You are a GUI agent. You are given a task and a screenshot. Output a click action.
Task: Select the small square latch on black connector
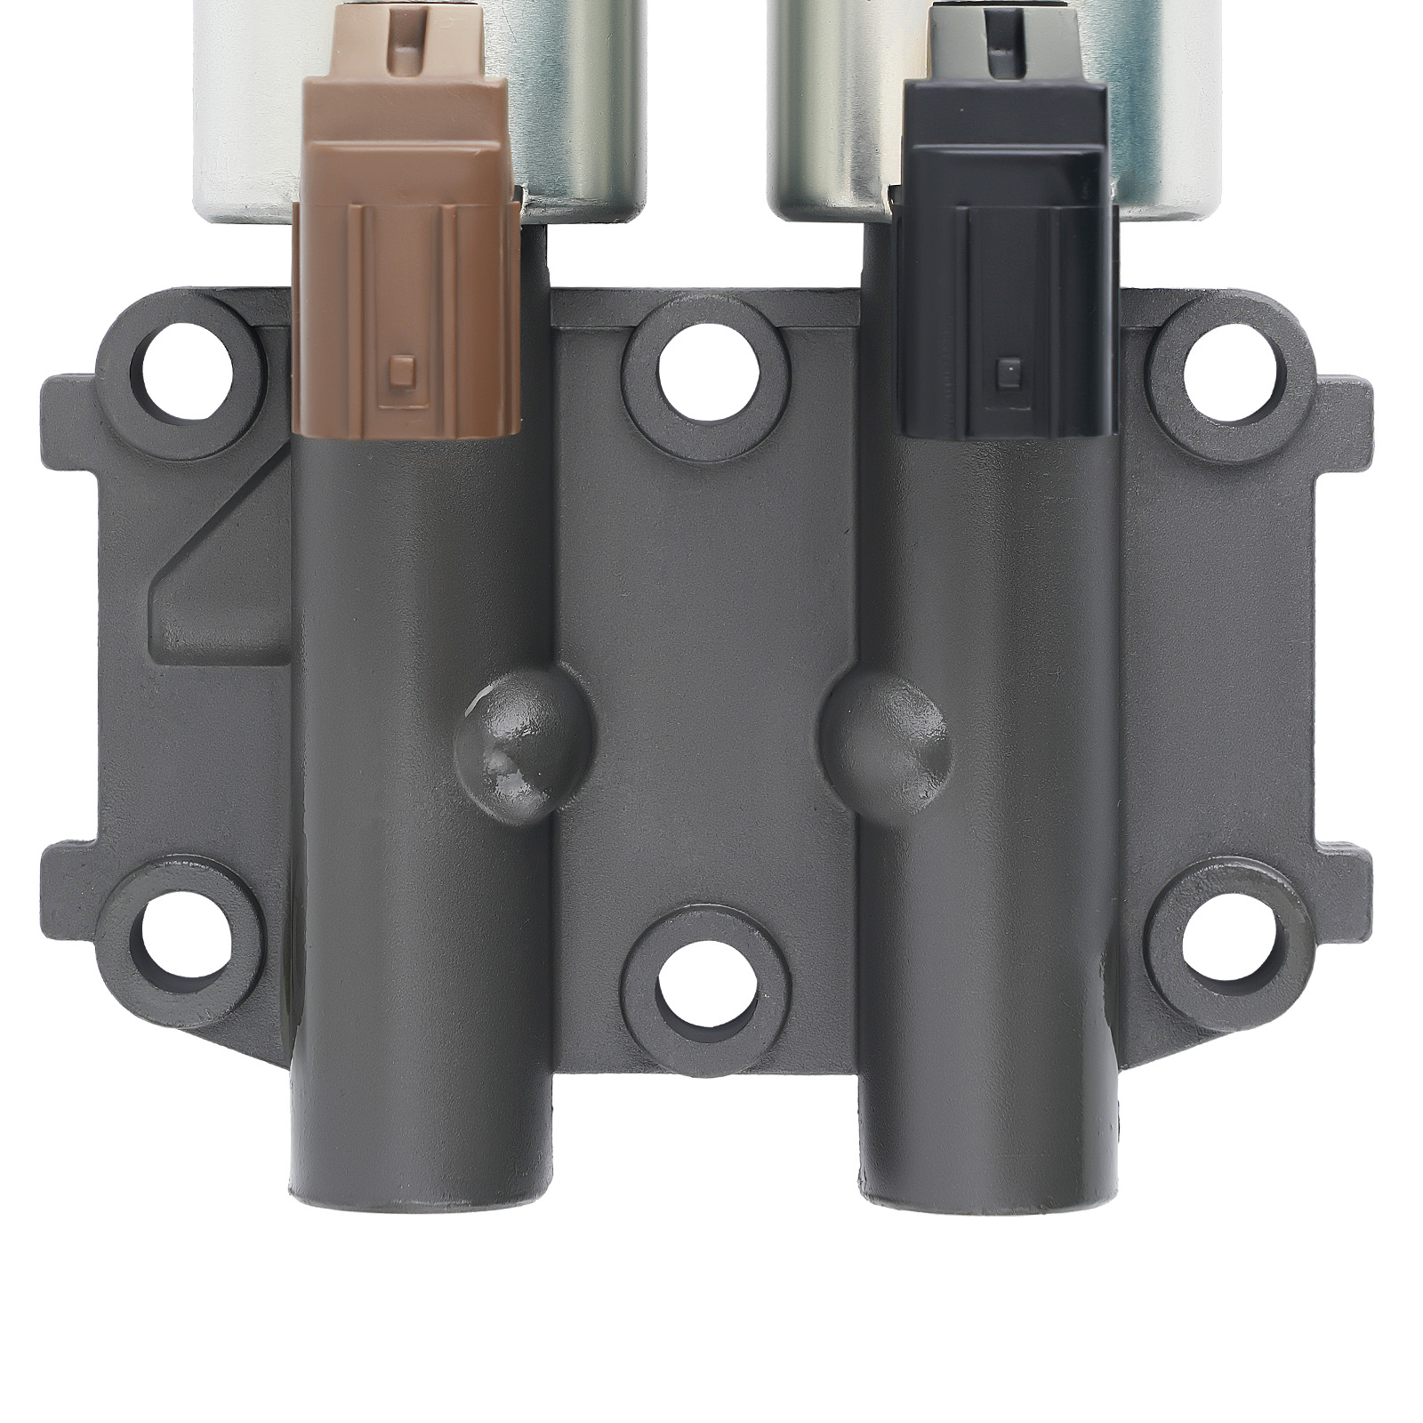tap(1008, 366)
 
